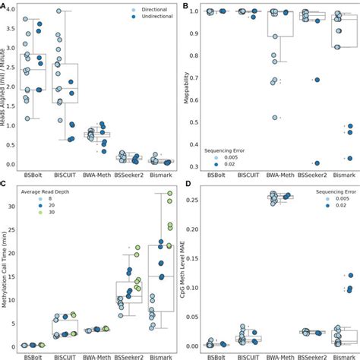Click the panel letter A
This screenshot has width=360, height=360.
pyautogui.click(x=4, y=6)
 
